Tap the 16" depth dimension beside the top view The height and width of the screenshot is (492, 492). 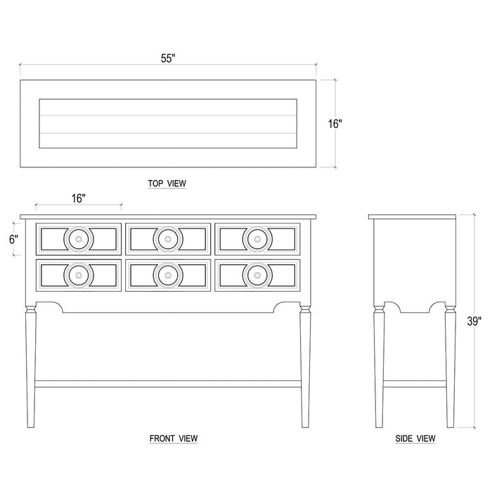pyautogui.click(x=335, y=124)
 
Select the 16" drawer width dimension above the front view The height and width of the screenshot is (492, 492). pyautogui.click(x=78, y=198)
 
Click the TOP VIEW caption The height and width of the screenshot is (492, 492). pyautogui.click(x=167, y=183)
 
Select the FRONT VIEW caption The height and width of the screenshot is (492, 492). pyautogui.click(x=173, y=438)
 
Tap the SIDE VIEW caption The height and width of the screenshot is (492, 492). pyautogui.click(x=415, y=438)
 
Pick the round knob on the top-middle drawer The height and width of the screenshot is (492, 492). pyautogui.click(x=167, y=239)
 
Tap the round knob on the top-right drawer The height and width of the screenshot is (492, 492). pyautogui.click(x=257, y=239)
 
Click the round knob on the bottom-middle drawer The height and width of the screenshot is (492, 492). pyautogui.click(x=167, y=274)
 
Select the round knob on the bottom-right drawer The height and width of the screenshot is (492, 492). pyautogui.click(x=257, y=274)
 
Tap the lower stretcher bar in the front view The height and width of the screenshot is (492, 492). pyautogui.click(x=167, y=384)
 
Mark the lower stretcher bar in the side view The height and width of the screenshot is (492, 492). pyautogui.click(x=415, y=384)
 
